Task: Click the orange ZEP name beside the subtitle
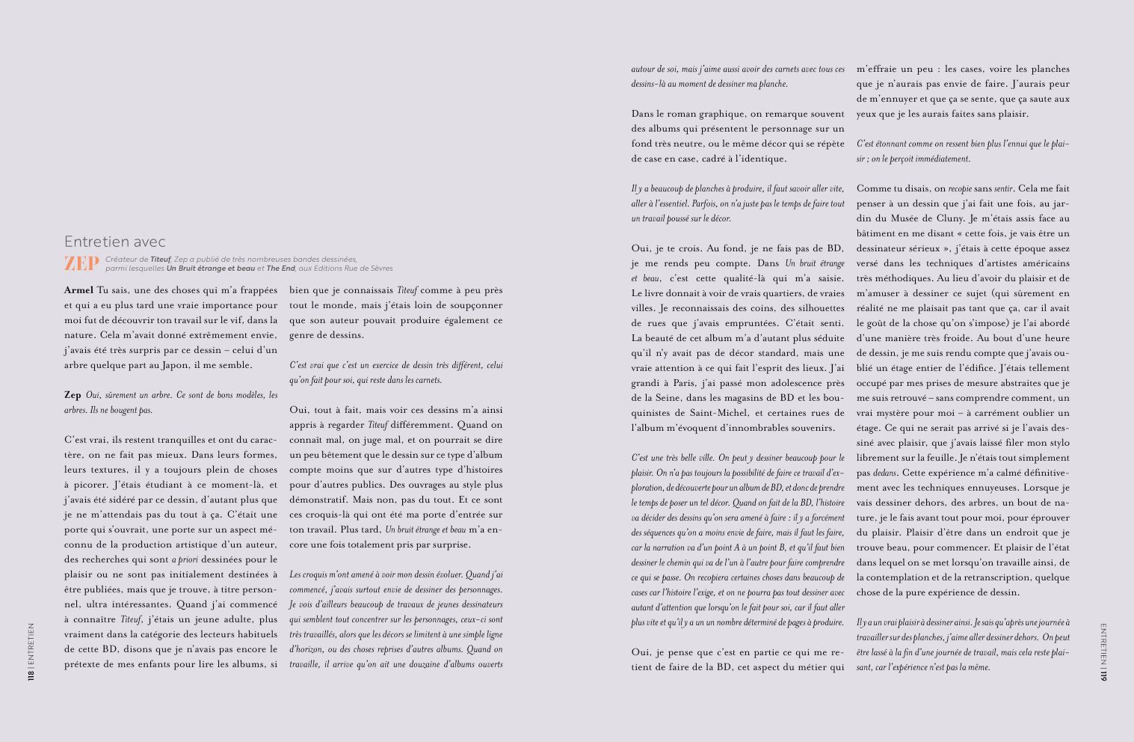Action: tap(81, 264)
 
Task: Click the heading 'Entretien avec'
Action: tap(114, 242)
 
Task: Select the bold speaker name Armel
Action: tap(78, 290)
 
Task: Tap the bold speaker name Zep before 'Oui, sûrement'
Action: tap(73, 395)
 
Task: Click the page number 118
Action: tap(31, 675)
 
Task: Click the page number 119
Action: tap(1103, 675)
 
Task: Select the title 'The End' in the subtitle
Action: tap(280, 269)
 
